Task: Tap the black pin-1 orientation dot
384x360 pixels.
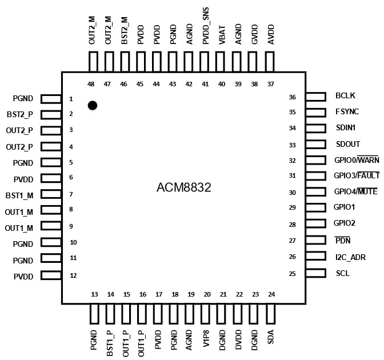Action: coord(92,105)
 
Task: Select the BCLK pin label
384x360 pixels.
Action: coord(346,96)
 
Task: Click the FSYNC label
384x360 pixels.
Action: coord(347,112)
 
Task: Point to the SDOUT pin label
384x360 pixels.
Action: coord(348,144)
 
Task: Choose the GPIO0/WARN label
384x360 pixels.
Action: coord(357,160)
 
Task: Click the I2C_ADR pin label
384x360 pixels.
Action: coord(351,257)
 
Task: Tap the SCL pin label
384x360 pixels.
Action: coord(343,273)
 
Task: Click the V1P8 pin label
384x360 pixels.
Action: coord(207,340)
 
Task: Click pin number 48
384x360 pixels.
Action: coord(91,84)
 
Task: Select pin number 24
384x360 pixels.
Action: coord(271,294)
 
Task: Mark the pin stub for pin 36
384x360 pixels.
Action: coord(316,97)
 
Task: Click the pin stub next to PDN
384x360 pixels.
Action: coord(316,241)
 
